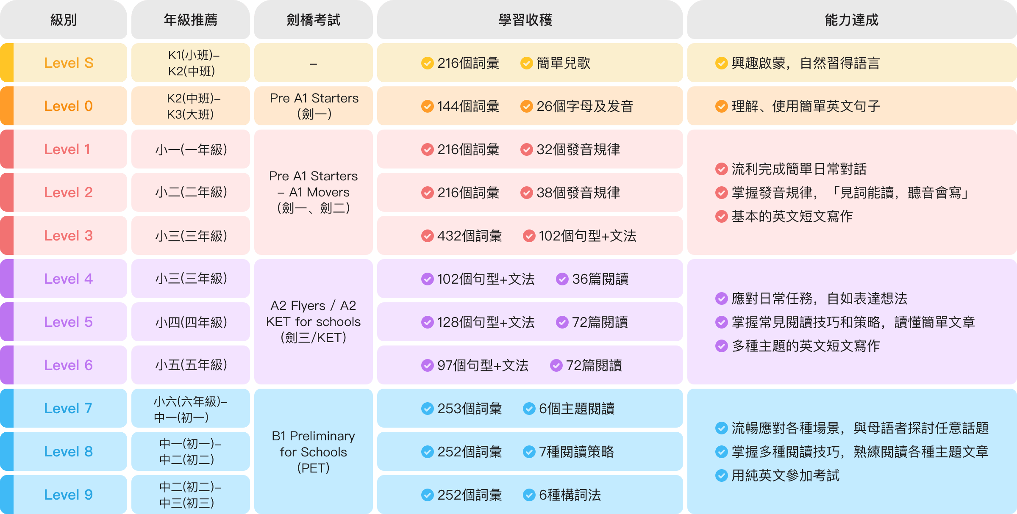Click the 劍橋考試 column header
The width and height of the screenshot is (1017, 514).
click(x=313, y=20)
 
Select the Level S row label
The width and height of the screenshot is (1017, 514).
click(x=69, y=63)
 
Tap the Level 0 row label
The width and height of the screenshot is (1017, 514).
click(x=68, y=106)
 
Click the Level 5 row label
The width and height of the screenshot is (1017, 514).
click(x=68, y=322)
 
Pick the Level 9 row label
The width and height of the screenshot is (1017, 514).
click(x=68, y=495)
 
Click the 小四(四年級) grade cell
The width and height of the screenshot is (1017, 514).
click(x=191, y=322)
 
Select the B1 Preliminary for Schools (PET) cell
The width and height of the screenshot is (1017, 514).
click(x=313, y=452)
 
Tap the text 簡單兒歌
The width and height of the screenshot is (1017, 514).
click(x=563, y=63)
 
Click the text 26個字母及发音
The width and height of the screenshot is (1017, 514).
click(x=584, y=106)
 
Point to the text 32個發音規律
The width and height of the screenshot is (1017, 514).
click(x=578, y=149)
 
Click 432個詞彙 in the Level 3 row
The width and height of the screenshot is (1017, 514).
click(x=470, y=236)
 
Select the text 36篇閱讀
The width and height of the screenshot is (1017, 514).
click(x=600, y=279)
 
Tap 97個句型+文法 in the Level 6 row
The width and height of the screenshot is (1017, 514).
click(x=483, y=365)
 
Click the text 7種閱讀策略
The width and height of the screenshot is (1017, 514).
click(x=576, y=452)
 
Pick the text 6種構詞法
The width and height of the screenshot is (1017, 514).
click(x=570, y=495)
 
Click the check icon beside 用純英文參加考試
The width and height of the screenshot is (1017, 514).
click(x=721, y=475)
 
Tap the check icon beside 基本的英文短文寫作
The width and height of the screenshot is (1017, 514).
click(x=721, y=216)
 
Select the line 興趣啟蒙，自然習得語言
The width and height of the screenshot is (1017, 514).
click(x=805, y=63)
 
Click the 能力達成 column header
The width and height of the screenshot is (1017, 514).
click(x=851, y=20)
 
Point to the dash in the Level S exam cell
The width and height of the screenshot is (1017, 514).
click(x=313, y=64)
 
